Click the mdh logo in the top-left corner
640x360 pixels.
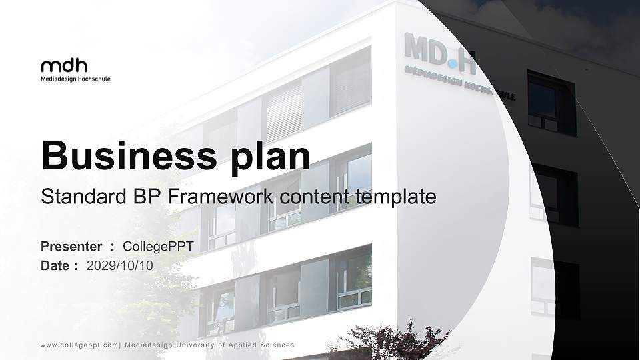click(x=64, y=65)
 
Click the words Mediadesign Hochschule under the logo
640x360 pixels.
click(x=75, y=79)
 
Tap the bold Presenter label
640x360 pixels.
click(x=71, y=247)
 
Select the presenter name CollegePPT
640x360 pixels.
click(x=158, y=247)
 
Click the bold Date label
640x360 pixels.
click(x=55, y=265)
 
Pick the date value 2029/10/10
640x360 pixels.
click(x=120, y=265)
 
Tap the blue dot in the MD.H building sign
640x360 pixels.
click(x=453, y=64)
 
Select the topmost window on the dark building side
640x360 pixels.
click(x=551, y=103)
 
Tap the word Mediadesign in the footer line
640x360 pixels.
click(x=149, y=345)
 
